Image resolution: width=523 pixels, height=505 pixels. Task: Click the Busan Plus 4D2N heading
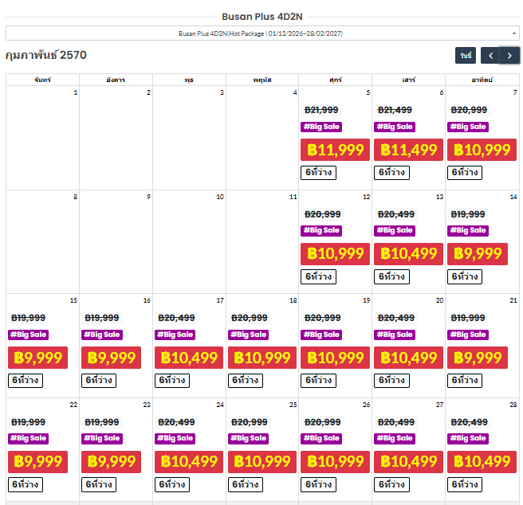point(262,17)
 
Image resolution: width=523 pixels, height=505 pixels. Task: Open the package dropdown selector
point(262,33)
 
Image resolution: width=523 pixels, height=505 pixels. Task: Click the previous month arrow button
point(490,56)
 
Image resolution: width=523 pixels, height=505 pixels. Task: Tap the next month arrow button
point(509,56)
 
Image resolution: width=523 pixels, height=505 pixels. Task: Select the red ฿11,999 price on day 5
point(335,150)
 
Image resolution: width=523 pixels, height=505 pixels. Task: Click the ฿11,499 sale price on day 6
point(408,150)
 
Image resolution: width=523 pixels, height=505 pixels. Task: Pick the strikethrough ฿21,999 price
point(321,110)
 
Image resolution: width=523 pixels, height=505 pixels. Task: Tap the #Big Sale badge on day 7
point(468,127)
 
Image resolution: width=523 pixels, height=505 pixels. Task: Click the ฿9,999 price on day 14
point(478,254)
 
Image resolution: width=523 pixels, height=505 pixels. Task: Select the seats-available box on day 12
point(319,276)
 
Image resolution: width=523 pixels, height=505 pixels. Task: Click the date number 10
point(220,197)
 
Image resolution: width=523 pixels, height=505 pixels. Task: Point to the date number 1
point(76,92)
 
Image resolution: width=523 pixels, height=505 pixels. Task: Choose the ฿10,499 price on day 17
point(189,358)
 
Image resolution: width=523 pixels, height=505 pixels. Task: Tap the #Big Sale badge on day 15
point(29,335)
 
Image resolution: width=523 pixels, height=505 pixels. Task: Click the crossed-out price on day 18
point(250,318)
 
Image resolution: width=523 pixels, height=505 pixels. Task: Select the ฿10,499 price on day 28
point(482,462)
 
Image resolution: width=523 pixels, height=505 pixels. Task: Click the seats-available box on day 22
point(26,484)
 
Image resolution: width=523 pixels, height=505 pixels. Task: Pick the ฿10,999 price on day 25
point(262,462)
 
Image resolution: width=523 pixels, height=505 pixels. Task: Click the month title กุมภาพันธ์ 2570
point(46,55)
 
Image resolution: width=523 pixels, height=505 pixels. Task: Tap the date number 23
point(147,405)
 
